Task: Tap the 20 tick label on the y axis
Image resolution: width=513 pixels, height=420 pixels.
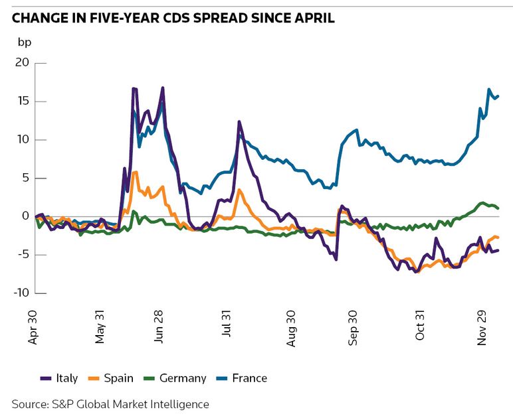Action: pos(22,63)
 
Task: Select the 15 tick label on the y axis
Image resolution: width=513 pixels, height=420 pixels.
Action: pos(23,102)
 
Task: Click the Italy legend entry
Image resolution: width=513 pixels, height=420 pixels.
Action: pos(58,378)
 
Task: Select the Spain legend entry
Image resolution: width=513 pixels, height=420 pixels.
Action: pos(110,378)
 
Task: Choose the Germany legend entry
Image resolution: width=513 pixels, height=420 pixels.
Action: pos(174,378)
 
